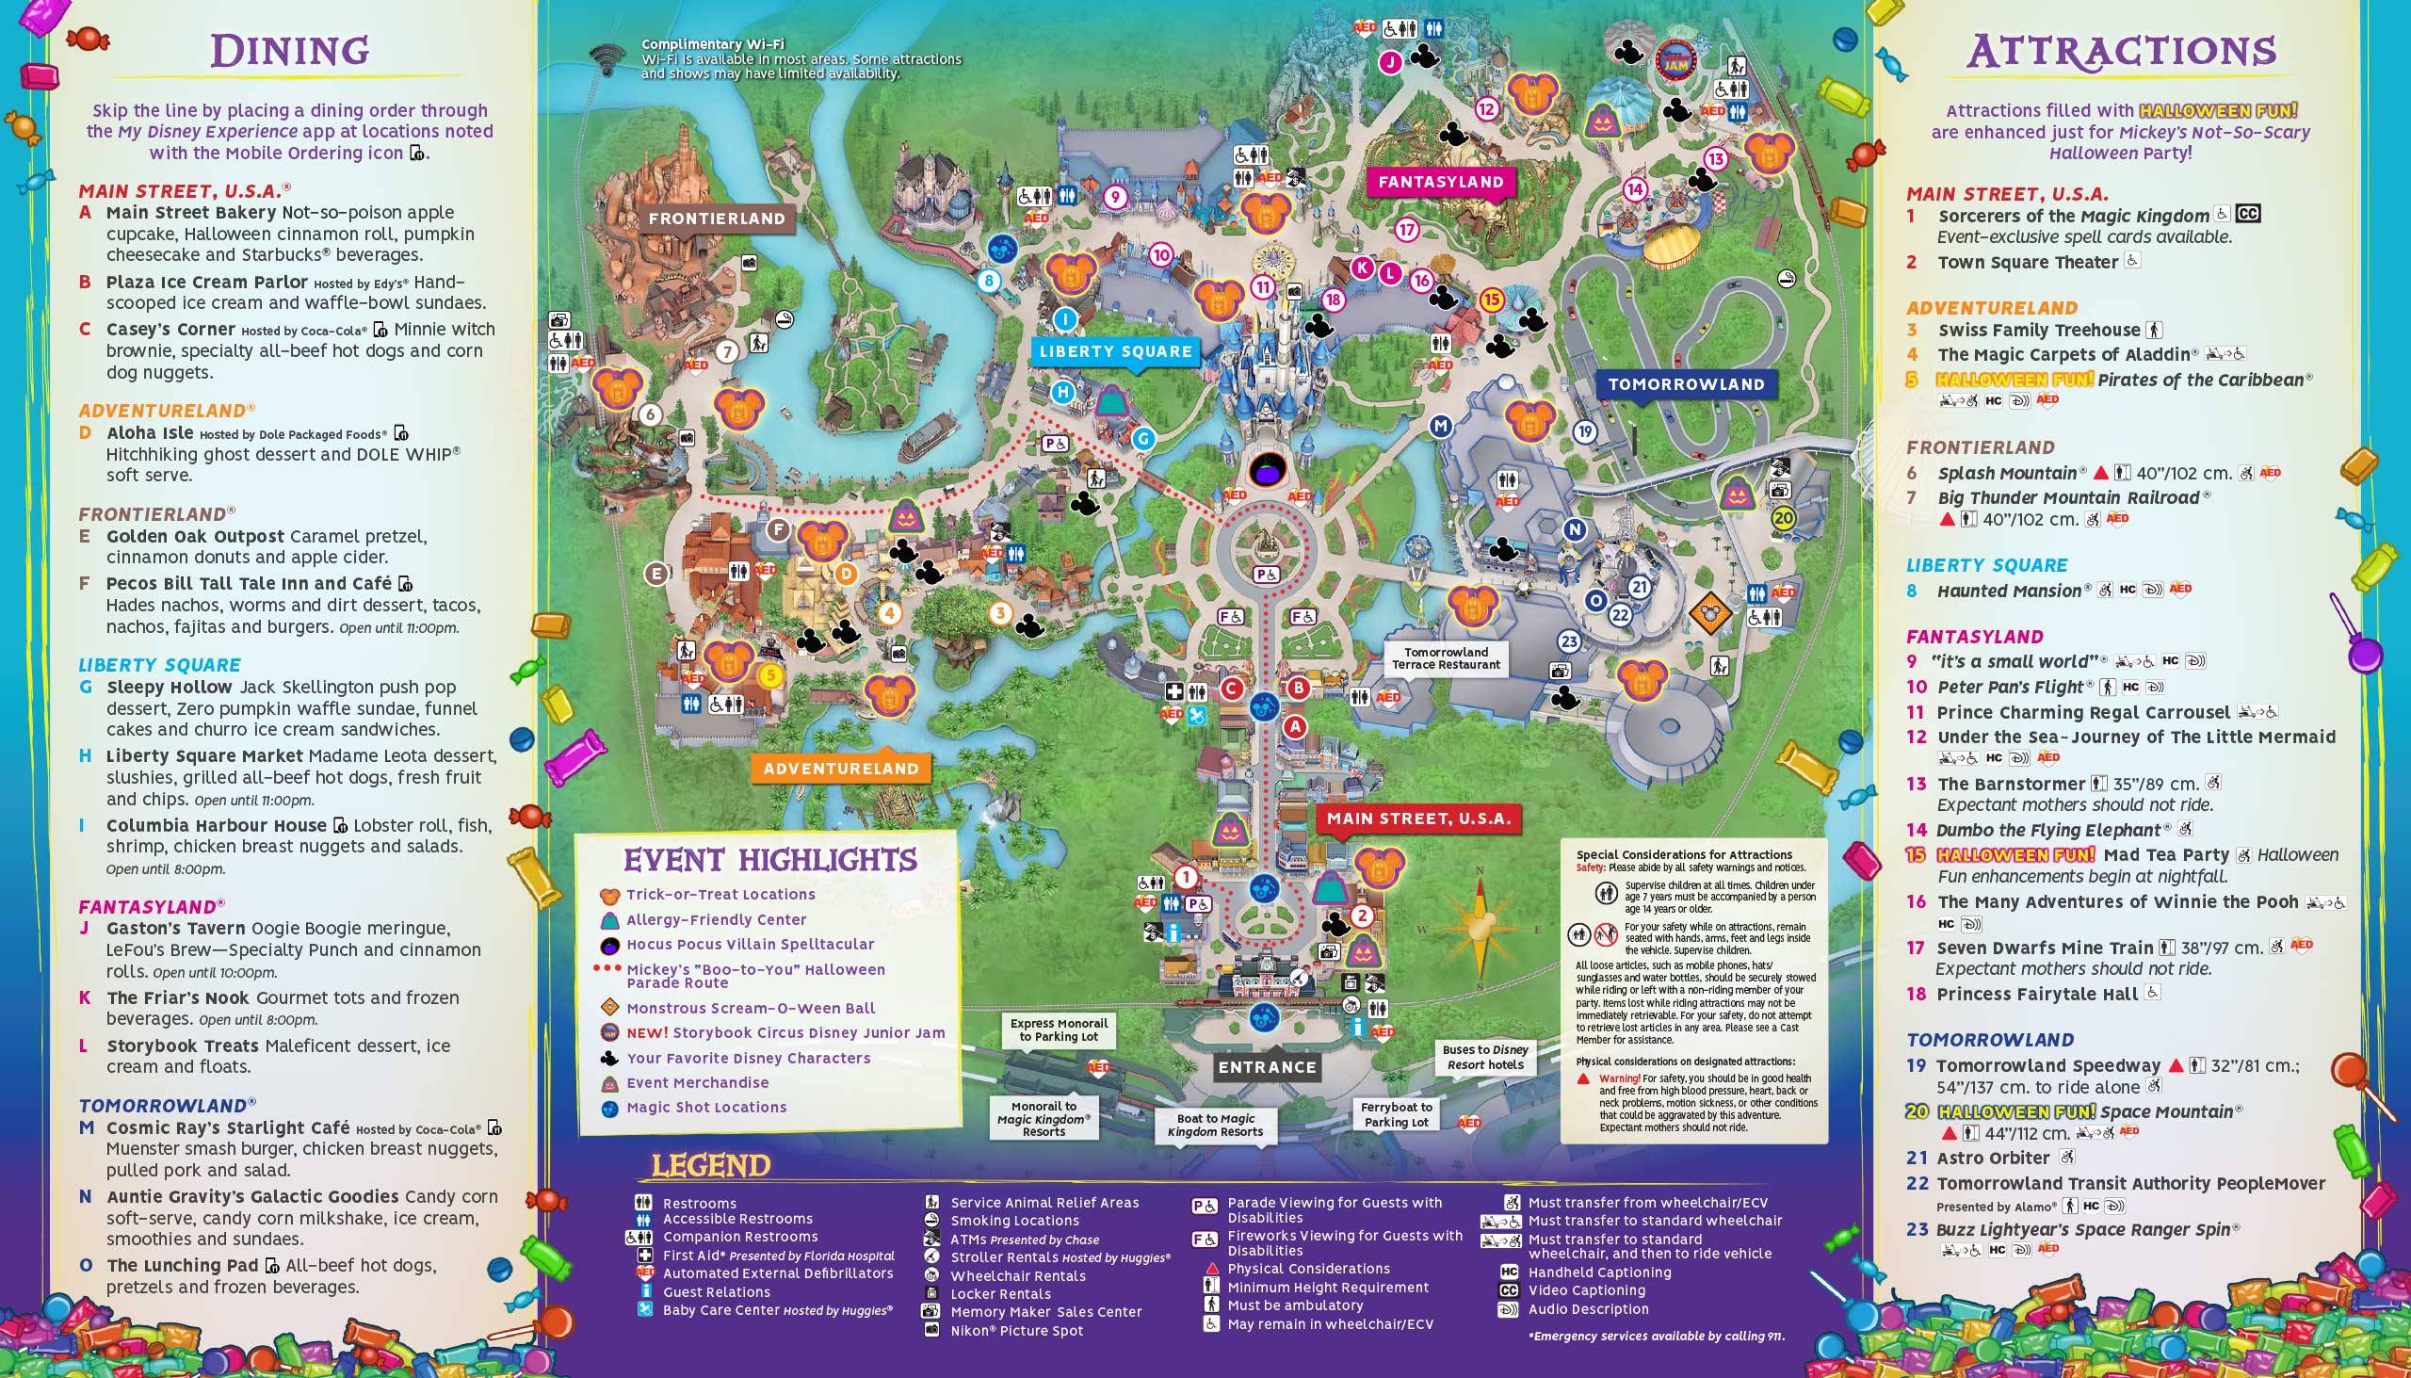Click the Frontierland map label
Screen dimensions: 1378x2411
click(x=717, y=219)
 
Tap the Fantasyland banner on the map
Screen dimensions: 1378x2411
click(x=1440, y=182)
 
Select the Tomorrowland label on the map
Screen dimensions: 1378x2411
click(x=1686, y=384)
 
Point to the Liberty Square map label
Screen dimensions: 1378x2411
click(x=1116, y=351)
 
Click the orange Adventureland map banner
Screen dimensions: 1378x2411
click(x=840, y=769)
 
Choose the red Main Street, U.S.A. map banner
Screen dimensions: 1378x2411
click(x=1418, y=819)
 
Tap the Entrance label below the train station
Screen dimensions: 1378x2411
click(x=1267, y=1067)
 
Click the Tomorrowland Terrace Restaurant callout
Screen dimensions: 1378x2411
click(x=1446, y=657)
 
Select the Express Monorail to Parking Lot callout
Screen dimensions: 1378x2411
click(x=1058, y=1029)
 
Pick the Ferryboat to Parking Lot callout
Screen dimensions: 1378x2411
click(x=1396, y=1114)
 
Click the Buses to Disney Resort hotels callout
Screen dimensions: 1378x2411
click(x=1484, y=1056)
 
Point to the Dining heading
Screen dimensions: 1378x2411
click(x=289, y=51)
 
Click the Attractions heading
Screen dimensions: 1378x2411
click(x=2121, y=51)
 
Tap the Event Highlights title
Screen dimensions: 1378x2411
click(x=769, y=859)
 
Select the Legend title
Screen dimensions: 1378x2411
click(x=711, y=1166)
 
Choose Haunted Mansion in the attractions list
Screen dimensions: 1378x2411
click(x=2009, y=591)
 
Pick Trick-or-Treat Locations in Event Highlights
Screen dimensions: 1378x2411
click(x=720, y=895)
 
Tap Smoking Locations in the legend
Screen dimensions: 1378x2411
click(x=1014, y=1221)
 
